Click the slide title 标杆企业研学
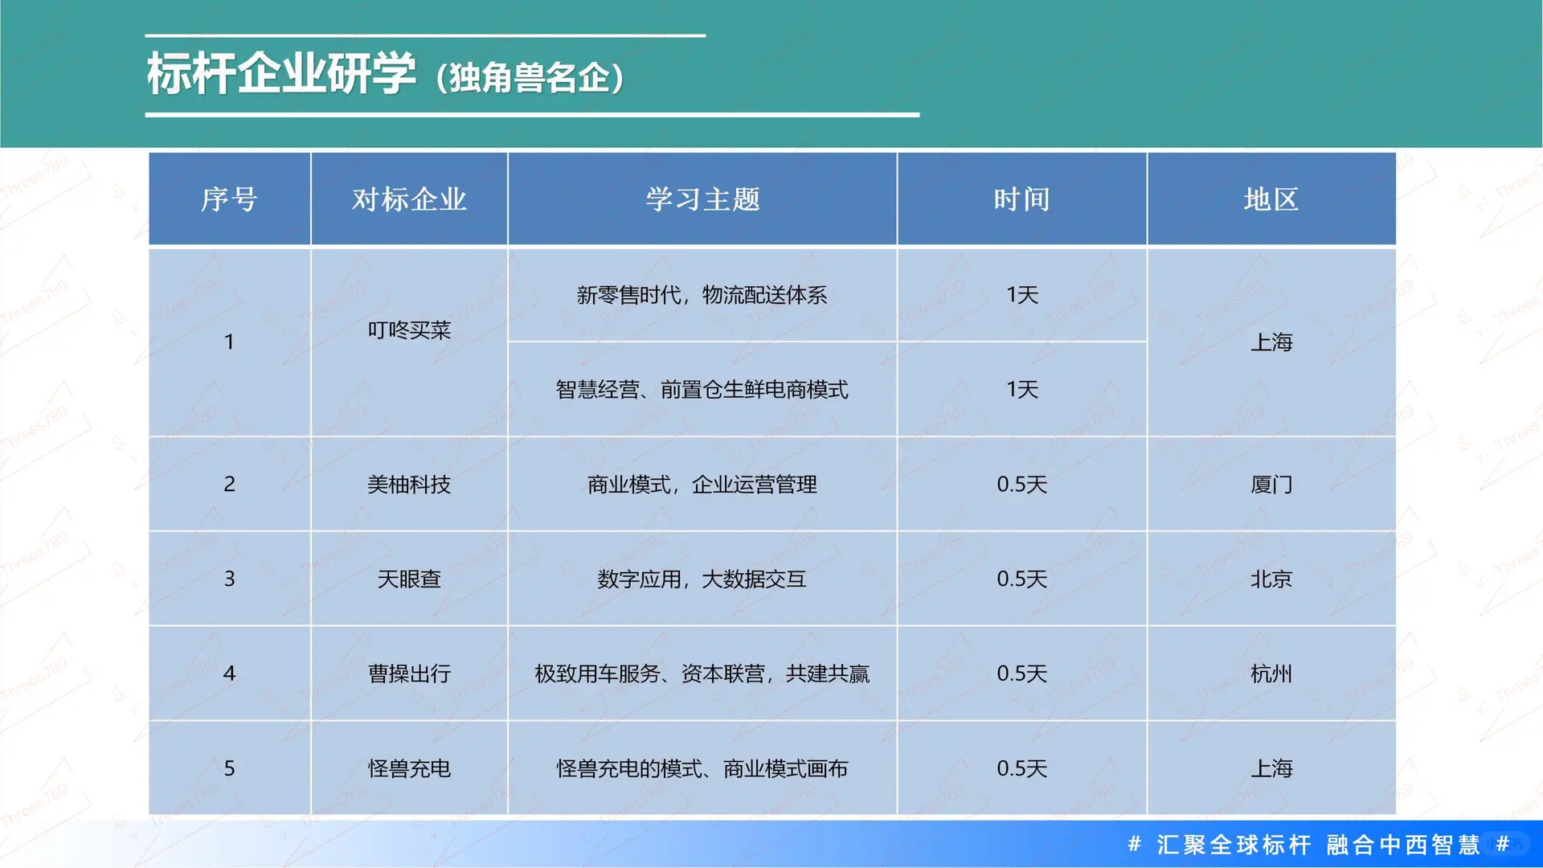click(281, 74)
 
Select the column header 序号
click(229, 199)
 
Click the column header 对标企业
click(409, 199)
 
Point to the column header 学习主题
click(702, 199)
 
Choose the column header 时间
click(1021, 199)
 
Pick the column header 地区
click(1271, 199)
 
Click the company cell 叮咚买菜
click(409, 330)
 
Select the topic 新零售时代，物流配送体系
click(702, 295)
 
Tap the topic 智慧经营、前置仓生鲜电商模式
click(702, 390)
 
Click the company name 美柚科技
click(409, 485)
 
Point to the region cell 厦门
click(1271, 485)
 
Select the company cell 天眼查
click(409, 579)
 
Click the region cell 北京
click(1271, 579)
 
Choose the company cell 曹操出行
click(409, 674)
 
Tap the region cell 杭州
click(1271, 674)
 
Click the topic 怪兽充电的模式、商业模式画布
click(702, 768)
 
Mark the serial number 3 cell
click(229, 579)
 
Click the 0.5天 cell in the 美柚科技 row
click(1021, 485)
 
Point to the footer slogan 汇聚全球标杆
click(1234, 845)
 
